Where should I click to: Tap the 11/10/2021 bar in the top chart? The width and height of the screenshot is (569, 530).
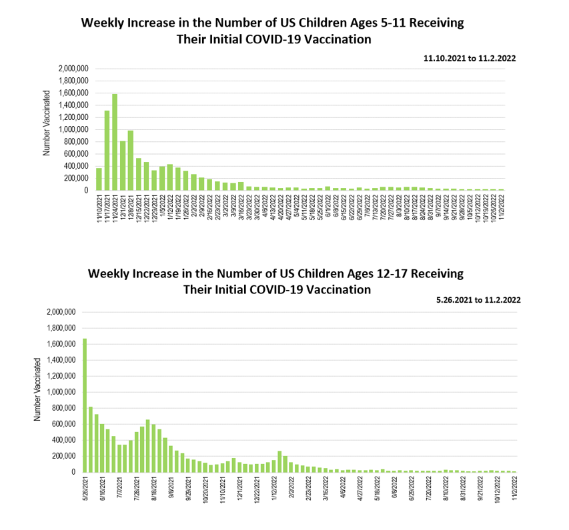click(x=99, y=179)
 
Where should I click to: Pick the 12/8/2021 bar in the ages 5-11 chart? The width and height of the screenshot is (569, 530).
click(x=131, y=161)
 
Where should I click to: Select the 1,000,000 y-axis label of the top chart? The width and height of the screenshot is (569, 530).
click(x=73, y=129)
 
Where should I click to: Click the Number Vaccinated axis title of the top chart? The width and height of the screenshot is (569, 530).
click(x=47, y=130)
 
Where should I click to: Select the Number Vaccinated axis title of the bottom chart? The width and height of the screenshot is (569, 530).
click(x=37, y=389)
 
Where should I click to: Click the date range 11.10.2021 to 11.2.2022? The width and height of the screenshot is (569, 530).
click(x=470, y=59)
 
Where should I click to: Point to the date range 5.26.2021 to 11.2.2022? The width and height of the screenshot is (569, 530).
click(x=478, y=300)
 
